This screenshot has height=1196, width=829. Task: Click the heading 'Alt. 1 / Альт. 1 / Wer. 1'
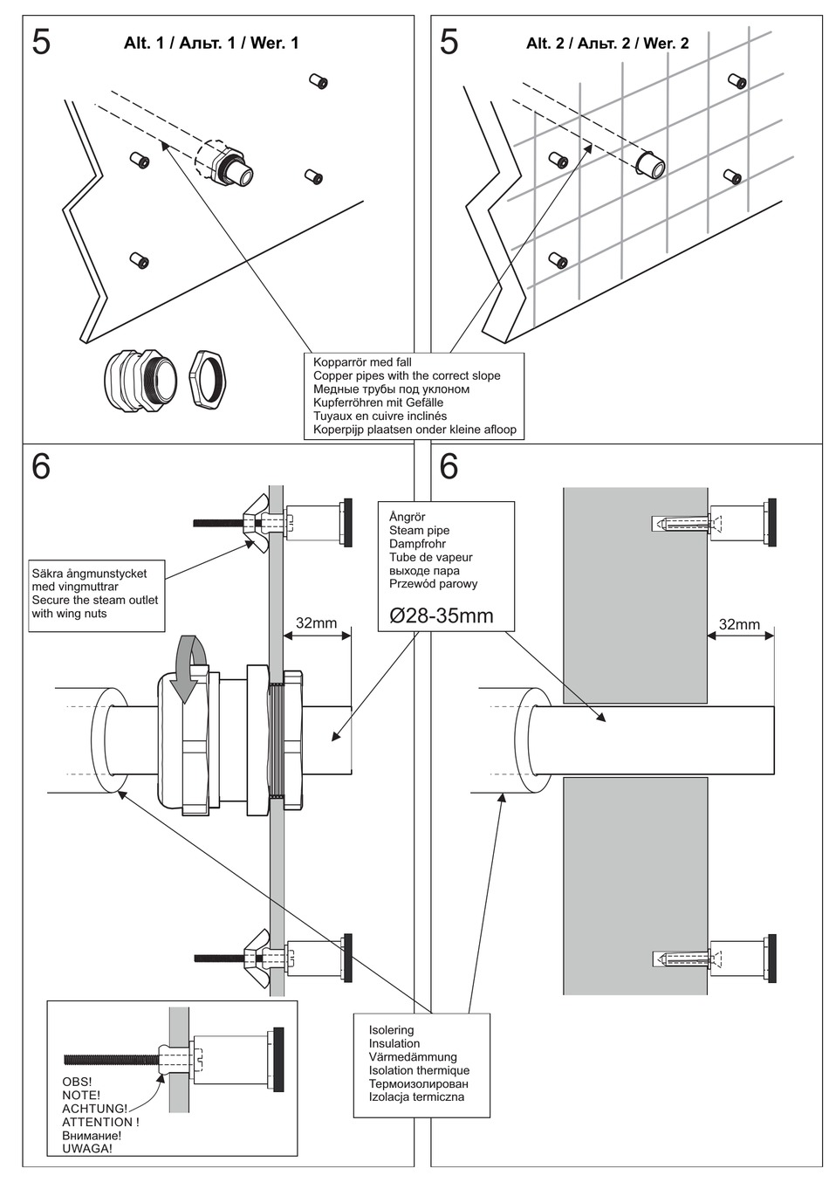coord(211,43)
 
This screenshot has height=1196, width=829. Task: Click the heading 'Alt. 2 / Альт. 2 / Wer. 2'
coord(607,43)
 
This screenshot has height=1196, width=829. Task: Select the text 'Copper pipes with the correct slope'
coord(407,375)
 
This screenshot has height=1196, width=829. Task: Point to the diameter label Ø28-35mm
coord(442,615)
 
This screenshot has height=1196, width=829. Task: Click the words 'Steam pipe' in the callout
coord(419,531)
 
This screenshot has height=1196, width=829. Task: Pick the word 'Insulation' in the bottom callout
coord(394,1043)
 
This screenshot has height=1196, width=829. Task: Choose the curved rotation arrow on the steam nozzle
coord(190,668)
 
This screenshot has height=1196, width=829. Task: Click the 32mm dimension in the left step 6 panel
coord(316,623)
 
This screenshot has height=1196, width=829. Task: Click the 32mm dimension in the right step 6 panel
coord(739,624)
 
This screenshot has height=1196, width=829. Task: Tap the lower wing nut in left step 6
coord(258,958)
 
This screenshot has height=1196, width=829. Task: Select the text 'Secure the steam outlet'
coord(95,600)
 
